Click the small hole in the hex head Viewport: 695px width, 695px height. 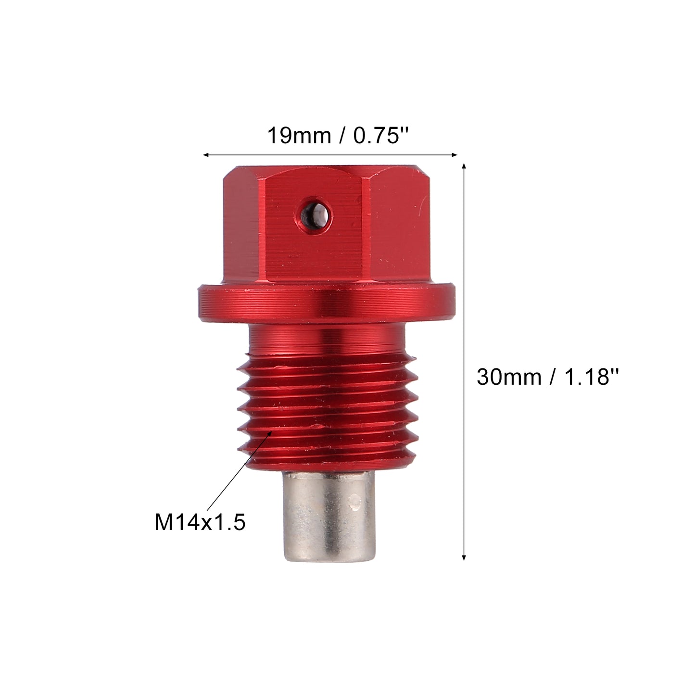(313, 217)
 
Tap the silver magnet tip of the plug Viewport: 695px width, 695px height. (329, 517)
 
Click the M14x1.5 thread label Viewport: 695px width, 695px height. (200, 523)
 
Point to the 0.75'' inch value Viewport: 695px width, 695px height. (381, 136)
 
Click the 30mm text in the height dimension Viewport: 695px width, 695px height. (509, 378)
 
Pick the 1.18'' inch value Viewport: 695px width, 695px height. (591, 377)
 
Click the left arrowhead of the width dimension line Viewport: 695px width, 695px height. (206, 155)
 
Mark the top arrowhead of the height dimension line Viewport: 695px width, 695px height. (464, 166)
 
